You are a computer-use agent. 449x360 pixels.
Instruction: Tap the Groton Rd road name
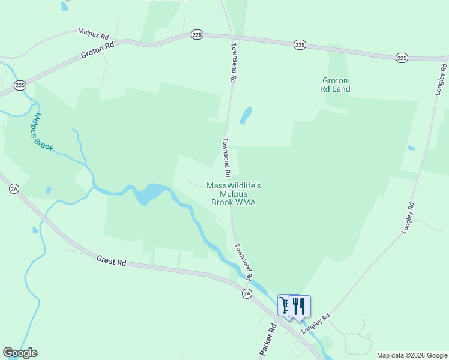point(98,52)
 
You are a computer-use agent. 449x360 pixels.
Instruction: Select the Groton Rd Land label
point(336,85)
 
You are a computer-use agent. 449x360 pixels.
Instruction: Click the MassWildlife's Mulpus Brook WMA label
point(234,194)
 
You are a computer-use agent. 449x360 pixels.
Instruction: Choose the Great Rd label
point(112,262)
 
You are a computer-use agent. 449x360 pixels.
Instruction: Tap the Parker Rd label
point(268,341)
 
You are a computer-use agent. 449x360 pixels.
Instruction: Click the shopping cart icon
point(285,305)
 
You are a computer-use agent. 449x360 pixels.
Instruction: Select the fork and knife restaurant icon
point(299,306)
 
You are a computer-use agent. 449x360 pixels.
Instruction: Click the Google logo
point(20,353)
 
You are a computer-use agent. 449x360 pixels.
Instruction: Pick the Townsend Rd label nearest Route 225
point(234,62)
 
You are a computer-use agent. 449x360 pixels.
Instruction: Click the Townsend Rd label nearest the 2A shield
point(243,259)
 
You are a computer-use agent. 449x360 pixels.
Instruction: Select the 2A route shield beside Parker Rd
point(247,293)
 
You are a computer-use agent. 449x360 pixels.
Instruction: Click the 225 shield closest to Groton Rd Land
point(300,45)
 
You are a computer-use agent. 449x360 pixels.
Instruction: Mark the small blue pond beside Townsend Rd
point(246,115)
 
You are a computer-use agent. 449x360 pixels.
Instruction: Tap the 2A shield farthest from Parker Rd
point(14,188)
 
